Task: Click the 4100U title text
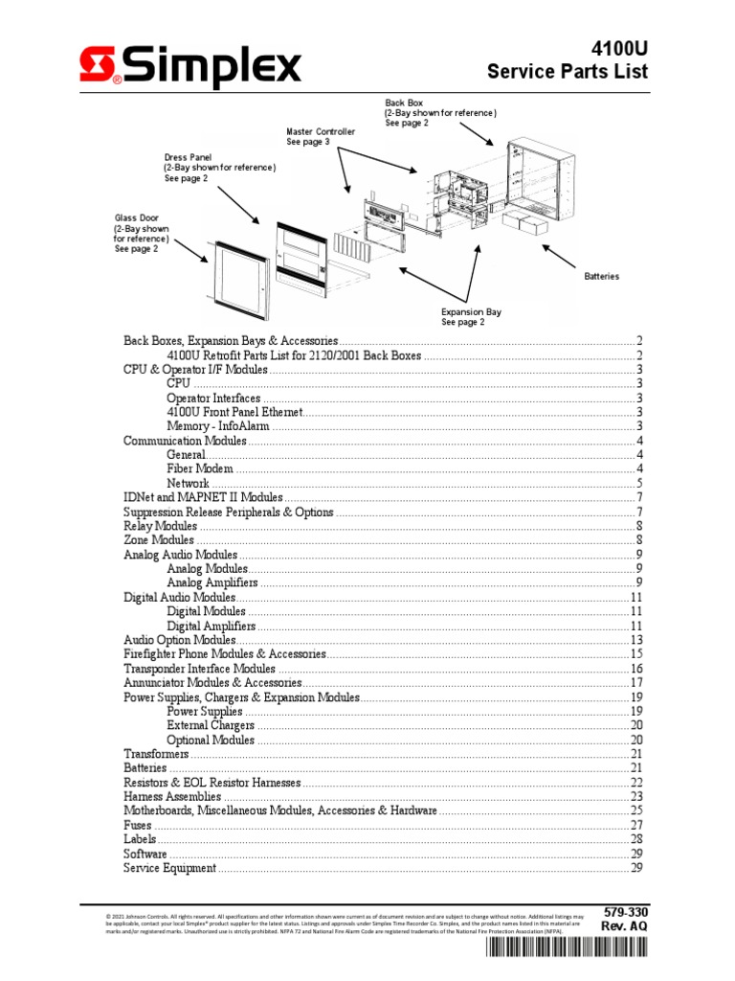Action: [615, 44]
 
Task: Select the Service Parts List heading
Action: [568, 71]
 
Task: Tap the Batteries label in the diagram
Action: [601, 276]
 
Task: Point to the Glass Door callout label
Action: [142, 235]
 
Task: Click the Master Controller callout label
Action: [321, 136]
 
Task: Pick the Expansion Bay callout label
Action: [471, 317]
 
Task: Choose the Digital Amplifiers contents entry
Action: [211, 626]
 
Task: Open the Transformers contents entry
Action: [156, 754]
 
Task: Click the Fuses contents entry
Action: [139, 825]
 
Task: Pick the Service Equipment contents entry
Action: [169, 868]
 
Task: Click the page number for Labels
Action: [635, 839]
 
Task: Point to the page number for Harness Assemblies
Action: [635, 797]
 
